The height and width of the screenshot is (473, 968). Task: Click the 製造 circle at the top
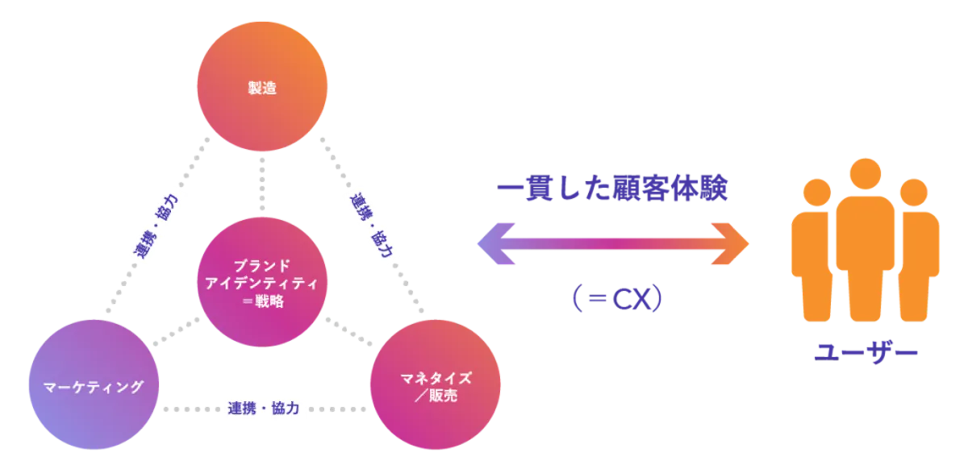point(262,86)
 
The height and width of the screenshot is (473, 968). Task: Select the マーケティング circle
point(94,384)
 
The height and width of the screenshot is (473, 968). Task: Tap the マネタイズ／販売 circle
point(435,384)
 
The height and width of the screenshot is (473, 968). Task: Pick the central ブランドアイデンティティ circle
point(262,282)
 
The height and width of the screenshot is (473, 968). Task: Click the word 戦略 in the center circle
point(269,301)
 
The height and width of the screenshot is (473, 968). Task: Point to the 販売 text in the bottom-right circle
point(443,396)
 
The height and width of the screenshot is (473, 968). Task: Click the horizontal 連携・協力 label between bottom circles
point(264,409)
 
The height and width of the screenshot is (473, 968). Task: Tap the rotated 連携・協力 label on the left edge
point(156,226)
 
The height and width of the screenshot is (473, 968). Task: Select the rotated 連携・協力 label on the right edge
point(372,226)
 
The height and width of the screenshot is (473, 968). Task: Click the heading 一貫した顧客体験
point(612,189)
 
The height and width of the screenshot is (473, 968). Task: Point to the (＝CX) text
point(617,298)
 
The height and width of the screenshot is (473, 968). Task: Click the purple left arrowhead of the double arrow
point(496,244)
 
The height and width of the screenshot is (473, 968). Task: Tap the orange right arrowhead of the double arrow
point(730,244)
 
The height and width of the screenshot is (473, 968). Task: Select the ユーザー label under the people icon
point(866,353)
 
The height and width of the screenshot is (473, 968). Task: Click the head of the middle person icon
point(865,174)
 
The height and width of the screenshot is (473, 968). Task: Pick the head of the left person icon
point(816,193)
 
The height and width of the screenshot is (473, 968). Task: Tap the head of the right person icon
point(913,193)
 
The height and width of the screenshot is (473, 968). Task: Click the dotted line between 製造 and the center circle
point(262,185)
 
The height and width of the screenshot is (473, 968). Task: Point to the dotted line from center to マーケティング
point(177,332)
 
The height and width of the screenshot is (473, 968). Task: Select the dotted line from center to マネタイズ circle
point(348,332)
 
